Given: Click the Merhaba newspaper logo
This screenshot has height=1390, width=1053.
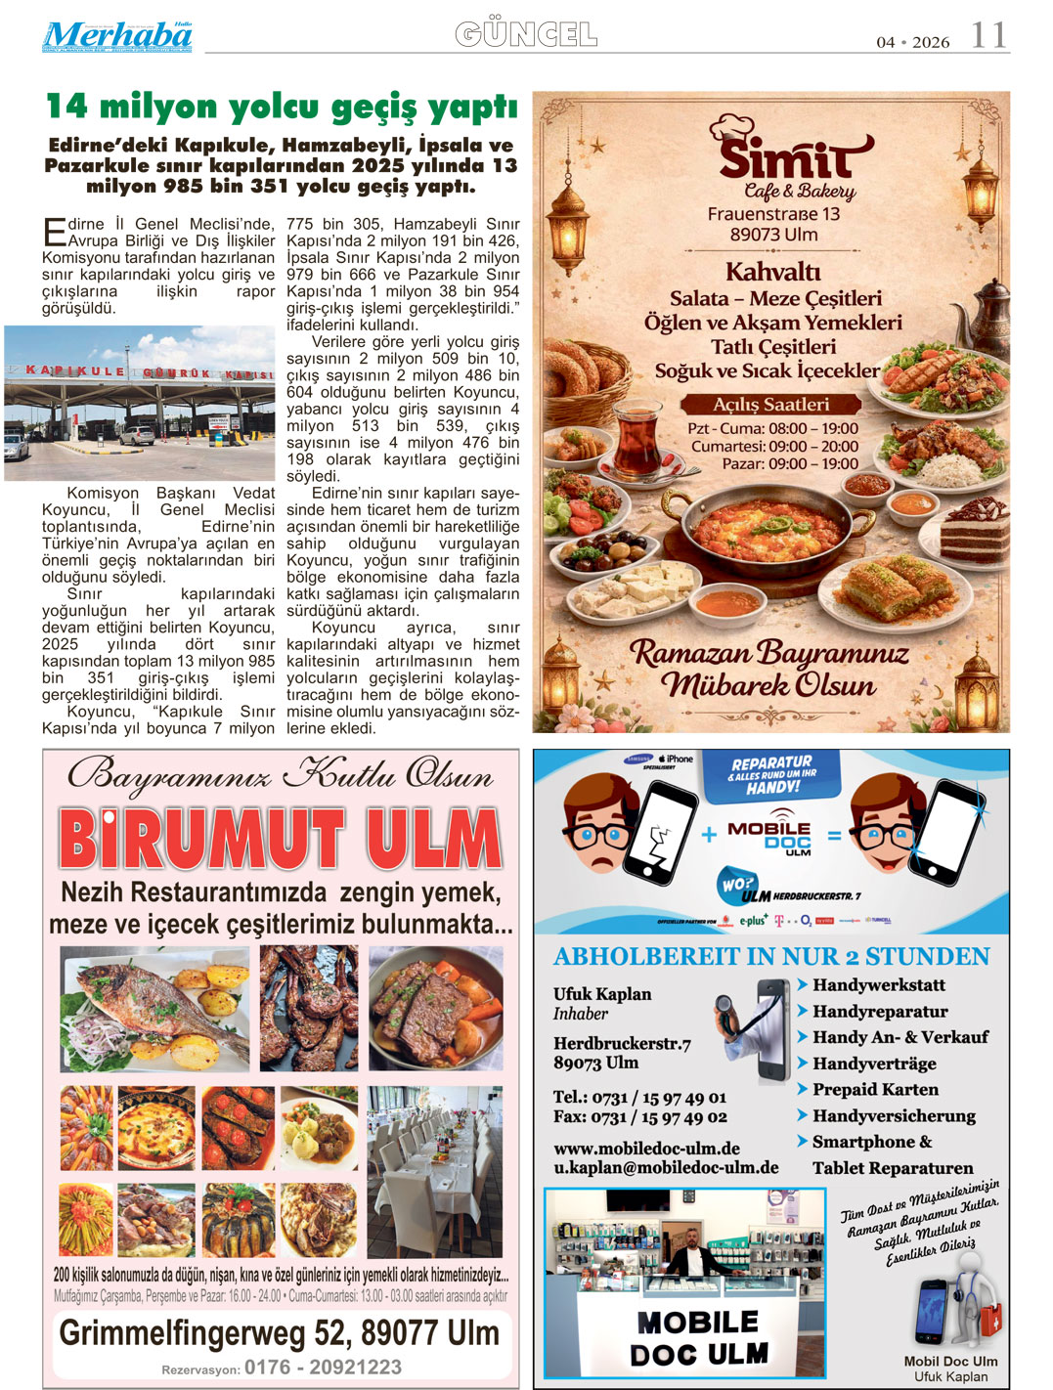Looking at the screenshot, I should [117, 36].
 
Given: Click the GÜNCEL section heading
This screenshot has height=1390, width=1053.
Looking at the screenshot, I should [526, 35].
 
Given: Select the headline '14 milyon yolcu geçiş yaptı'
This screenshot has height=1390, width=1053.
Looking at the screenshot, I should [282, 107].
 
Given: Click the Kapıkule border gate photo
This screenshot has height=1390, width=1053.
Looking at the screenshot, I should [140, 403].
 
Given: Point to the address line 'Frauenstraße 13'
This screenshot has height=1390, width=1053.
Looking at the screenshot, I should [773, 214].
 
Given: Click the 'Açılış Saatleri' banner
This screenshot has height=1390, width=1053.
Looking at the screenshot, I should [770, 405].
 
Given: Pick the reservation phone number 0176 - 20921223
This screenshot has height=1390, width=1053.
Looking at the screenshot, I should [323, 1367].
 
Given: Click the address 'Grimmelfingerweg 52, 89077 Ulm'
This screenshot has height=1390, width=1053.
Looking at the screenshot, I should [280, 1332].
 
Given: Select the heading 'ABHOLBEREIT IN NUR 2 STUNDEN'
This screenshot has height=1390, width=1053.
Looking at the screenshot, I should [771, 956].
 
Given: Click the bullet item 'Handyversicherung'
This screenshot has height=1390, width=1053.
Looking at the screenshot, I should [894, 1115].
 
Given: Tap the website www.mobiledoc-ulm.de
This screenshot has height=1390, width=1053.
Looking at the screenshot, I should [646, 1148].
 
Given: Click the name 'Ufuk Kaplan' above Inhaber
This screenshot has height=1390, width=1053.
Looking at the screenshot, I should [602, 993].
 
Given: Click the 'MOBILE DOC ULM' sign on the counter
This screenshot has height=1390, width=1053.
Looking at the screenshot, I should [698, 1337].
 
